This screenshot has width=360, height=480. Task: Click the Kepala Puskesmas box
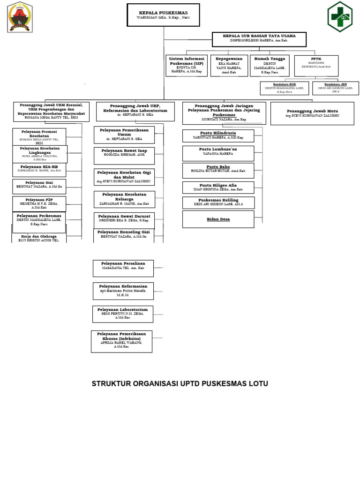tap(163, 15)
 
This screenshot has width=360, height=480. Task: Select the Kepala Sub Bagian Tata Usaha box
tap(259, 39)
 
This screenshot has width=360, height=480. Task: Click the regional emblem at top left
tap(20, 17)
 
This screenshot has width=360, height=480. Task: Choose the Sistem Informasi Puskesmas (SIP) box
tap(186, 66)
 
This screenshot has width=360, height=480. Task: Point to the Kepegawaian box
tap(229, 66)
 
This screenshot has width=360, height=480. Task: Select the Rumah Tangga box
tap(270, 66)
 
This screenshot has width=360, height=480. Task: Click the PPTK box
tap(316, 66)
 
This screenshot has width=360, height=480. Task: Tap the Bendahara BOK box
tap(284, 88)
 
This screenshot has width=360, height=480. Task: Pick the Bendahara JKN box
tap(335, 88)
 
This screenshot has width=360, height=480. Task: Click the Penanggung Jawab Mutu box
tap(312, 113)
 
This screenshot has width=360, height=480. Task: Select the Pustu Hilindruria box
tap(218, 136)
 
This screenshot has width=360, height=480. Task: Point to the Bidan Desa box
tap(218, 219)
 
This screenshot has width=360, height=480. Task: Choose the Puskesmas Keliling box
tap(218, 202)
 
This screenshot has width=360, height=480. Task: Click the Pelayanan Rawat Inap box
tap(124, 156)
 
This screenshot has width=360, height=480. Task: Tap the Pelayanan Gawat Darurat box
tap(124, 220)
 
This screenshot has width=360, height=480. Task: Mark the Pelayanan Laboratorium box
tap(122, 314)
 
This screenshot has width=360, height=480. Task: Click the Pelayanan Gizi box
tap(39, 186)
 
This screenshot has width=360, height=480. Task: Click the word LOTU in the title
tap(259, 384)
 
